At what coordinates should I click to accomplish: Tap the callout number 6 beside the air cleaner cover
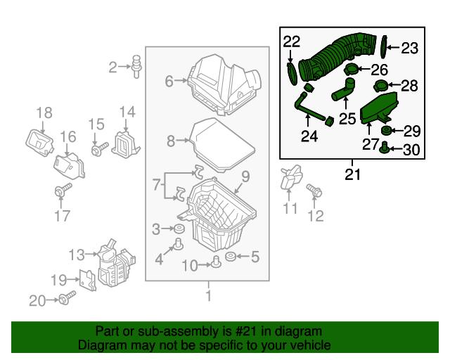[169, 82]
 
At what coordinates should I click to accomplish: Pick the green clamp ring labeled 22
[291, 73]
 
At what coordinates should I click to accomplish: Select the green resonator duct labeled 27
[379, 112]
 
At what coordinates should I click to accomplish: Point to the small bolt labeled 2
[136, 65]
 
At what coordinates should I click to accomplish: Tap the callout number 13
[76, 254]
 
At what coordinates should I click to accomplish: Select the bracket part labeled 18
[39, 140]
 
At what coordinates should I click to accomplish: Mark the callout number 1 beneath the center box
[207, 296]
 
